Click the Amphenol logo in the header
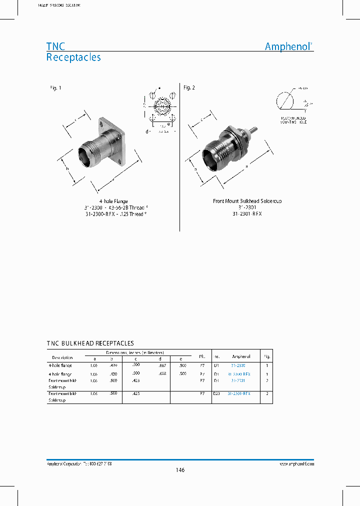point(288,46)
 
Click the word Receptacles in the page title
point(73,57)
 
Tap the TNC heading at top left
point(55,46)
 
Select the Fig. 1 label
point(55,88)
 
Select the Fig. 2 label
point(189,88)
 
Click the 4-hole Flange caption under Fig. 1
point(113,201)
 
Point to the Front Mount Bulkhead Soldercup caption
point(247,201)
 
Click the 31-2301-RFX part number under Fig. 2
point(247,213)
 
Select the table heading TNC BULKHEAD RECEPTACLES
point(90,343)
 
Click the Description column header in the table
point(62,357)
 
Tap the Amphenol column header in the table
point(241,357)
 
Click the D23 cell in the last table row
point(216,394)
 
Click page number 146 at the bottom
point(180,470)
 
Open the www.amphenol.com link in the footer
point(296,464)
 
